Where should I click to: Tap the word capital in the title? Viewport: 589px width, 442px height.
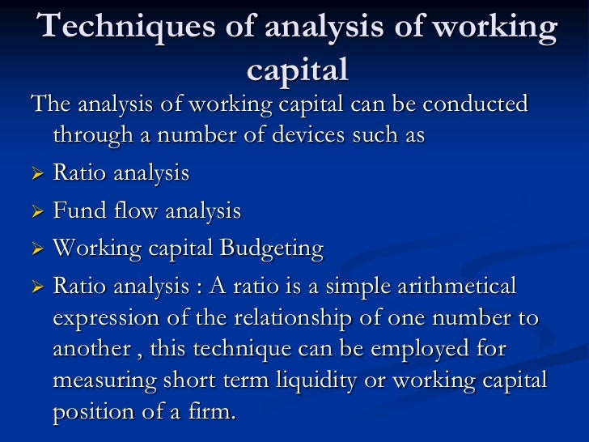[x=297, y=70]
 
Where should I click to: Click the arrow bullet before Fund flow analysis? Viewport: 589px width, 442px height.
[x=36, y=212]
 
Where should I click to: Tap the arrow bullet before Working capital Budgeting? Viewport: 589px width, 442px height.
[x=36, y=249]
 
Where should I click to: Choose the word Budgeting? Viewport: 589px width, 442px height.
[x=273, y=249]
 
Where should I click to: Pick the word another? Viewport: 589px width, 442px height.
[x=88, y=350]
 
